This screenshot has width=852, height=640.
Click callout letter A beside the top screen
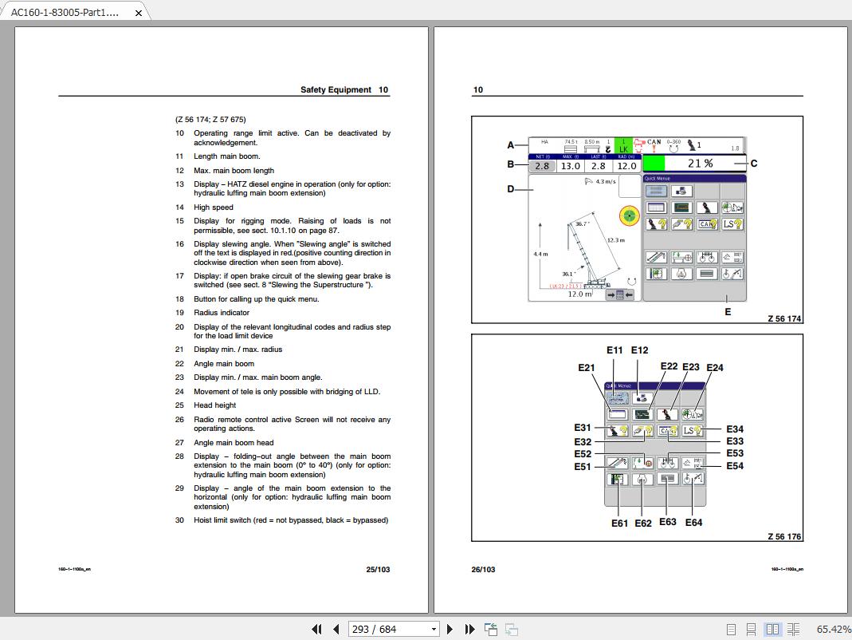[x=511, y=145]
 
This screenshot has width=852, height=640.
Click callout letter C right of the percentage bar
[x=754, y=164]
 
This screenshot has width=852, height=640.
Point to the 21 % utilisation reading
[x=700, y=164]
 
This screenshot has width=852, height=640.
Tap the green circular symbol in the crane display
[x=630, y=215]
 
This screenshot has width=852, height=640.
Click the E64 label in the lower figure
[x=693, y=523]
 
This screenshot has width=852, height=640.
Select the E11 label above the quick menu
[x=614, y=350]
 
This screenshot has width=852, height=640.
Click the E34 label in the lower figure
[x=734, y=430]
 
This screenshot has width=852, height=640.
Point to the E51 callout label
[x=583, y=467]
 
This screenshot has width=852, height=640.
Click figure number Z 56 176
[x=784, y=536]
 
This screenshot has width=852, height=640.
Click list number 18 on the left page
[x=179, y=299]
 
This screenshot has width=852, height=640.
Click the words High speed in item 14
[x=214, y=207]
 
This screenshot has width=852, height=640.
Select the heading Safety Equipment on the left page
[x=336, y=90]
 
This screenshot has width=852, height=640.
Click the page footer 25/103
[x=378, y=570]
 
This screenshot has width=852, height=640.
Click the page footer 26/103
[x=483, y=570]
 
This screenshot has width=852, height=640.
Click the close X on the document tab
[x=139, y=13]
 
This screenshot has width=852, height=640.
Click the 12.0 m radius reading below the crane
[x=579, y=294]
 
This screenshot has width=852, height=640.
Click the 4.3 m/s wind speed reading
[x=605, y=182]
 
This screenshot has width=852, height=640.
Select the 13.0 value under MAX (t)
[x=571, y=166]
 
